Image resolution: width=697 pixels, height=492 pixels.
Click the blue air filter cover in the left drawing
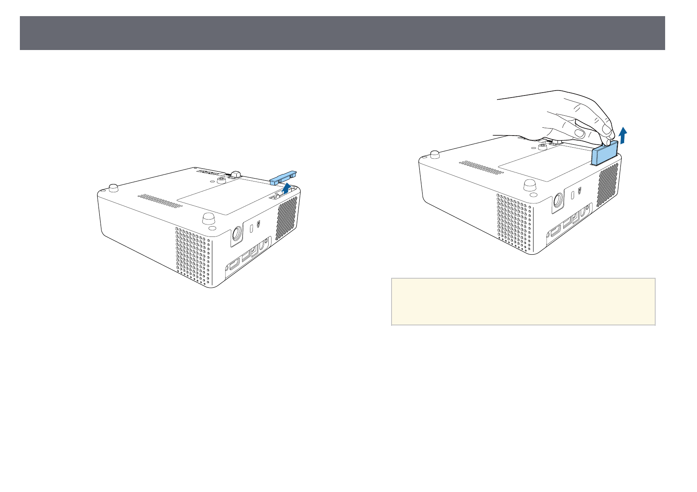(283, 177)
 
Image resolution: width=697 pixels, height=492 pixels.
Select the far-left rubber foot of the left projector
(113, 187)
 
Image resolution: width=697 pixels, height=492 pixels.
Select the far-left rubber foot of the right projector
(434, 154)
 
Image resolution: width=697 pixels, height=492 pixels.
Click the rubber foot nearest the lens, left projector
(208, 217)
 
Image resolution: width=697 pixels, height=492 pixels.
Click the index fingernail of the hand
(606, 131)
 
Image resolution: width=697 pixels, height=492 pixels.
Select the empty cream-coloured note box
(523, 301)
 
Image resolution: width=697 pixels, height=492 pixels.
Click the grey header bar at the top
(342, 33)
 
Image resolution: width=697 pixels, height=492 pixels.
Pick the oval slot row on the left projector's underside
(159, 200)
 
